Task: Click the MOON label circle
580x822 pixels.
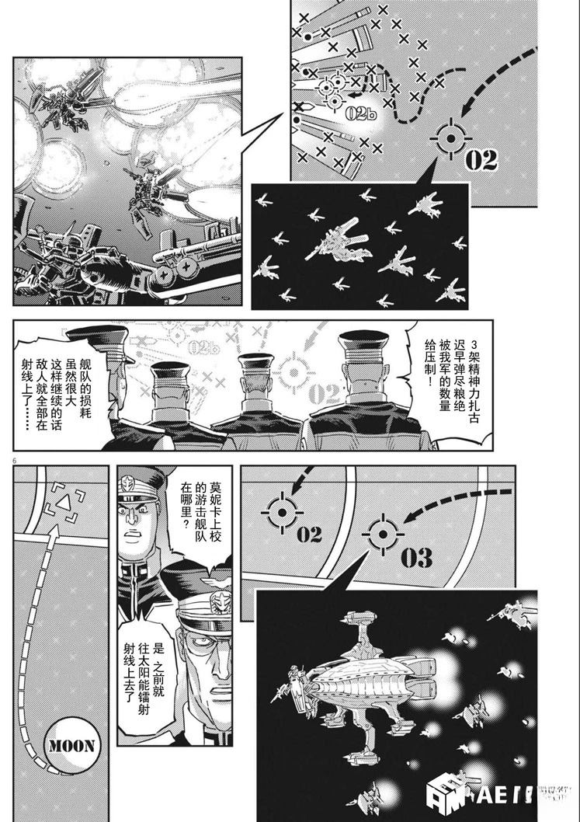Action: pyautogui.click(x=72, y=747)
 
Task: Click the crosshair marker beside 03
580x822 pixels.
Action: pyautogui.click(x=382, y=534)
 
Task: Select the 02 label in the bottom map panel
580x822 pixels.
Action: pyautogui.click(x=308, y=535)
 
